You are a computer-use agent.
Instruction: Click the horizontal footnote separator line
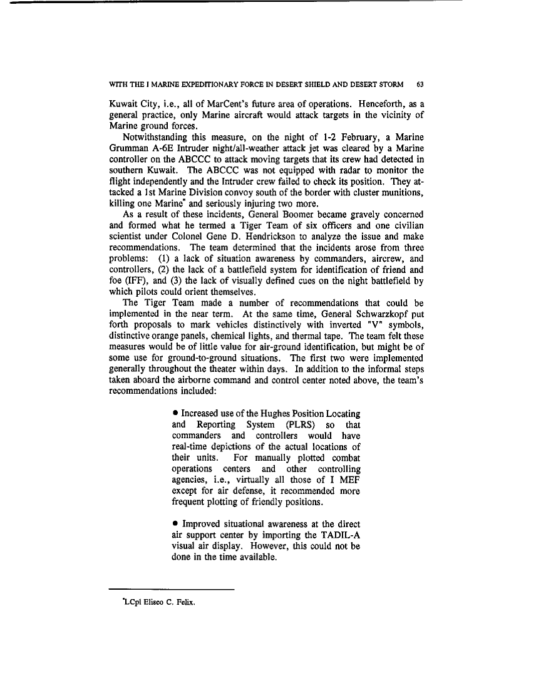coord(171,590)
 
